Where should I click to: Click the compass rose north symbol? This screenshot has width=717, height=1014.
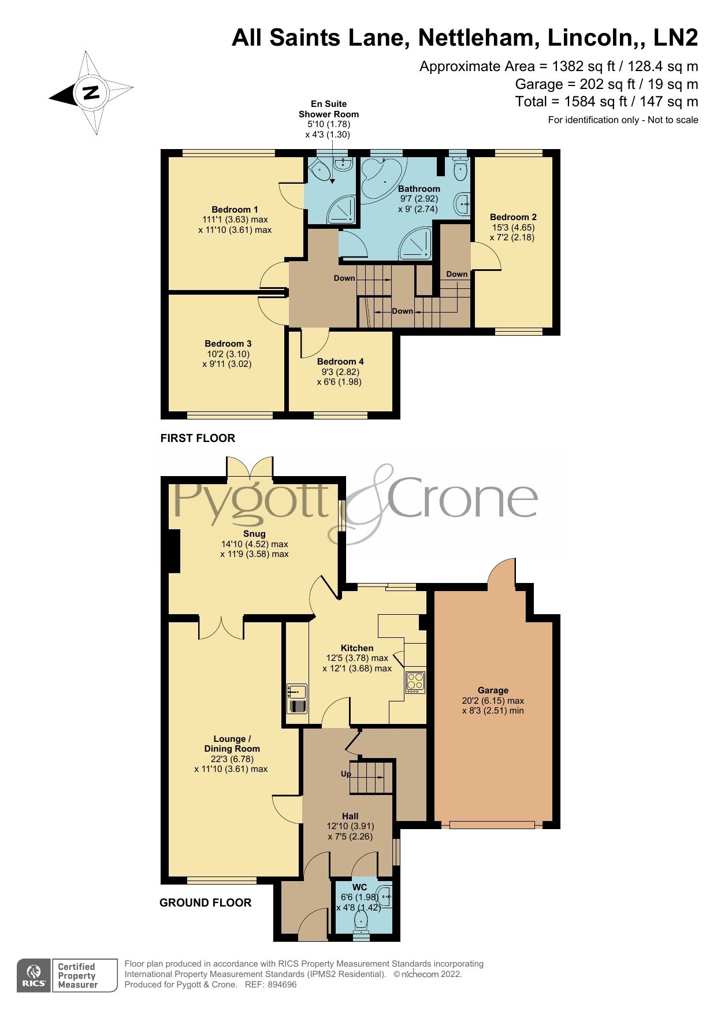click(91, 92)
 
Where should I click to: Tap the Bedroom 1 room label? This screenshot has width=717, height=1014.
click(235, 210)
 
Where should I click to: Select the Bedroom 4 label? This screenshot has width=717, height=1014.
click(340, 362)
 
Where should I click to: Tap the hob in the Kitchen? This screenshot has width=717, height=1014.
click(415, 682)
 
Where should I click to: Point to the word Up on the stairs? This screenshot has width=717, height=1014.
click(346, 774)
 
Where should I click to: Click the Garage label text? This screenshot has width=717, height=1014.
click(493, 690)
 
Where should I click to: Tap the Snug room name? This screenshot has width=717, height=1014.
click(254, 534)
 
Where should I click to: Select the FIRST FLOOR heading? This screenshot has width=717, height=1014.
click(198, 438)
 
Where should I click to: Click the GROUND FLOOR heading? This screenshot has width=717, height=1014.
click(205, 902)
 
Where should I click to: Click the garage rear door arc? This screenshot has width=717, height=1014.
click(501, 572)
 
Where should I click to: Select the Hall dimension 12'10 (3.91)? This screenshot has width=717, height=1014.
click(350, 826)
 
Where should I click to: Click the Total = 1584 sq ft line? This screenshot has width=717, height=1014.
click(607, 102)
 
